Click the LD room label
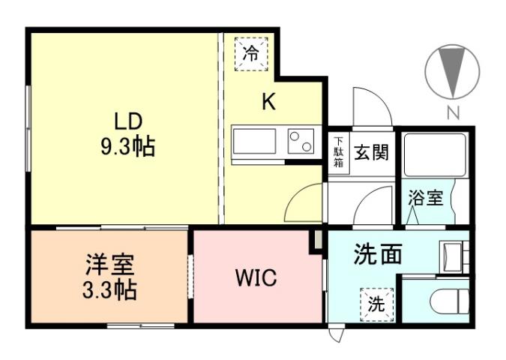point(127,121)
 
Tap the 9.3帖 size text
point(127,146)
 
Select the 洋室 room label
point(109,265)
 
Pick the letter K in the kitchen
point(268,102)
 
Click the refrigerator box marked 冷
point(251,53)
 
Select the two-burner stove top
point(301,141)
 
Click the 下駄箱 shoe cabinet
point(339,153)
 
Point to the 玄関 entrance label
point(371,153)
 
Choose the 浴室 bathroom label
point(425,199)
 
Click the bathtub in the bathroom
point(435,154)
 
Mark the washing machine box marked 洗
point(376,304)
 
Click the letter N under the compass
point(452,114)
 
